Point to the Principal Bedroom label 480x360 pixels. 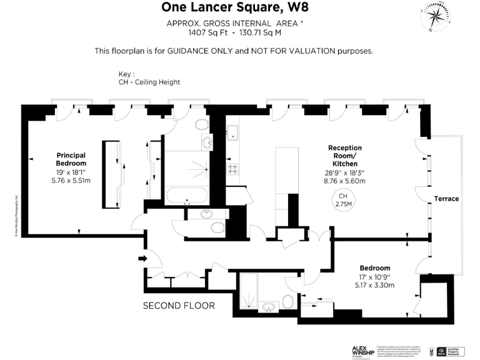point(71,159)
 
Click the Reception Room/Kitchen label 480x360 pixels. point(344,156)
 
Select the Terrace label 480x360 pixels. point(447,199)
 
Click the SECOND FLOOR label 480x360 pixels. point(179,306)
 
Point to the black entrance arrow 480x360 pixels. point(142,257)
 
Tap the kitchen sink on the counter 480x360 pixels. point(232,132)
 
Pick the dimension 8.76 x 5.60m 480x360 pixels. point(344,181)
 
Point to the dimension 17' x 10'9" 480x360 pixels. point(374,276)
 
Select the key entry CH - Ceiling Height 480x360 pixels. point(149,82)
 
